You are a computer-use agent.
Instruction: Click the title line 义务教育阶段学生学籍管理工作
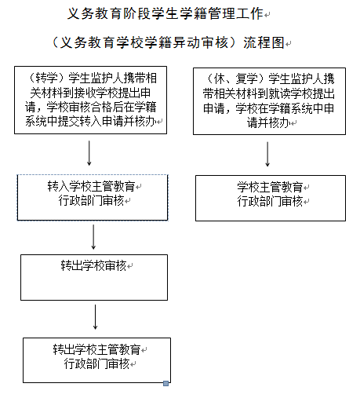tap(165, 13)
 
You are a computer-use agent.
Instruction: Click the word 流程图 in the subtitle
tap(264, 42)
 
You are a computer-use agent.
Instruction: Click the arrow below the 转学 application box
tap(89, 153)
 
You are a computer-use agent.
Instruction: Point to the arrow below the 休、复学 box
tap(267, 154)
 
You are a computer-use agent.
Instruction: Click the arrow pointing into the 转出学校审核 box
tap(93, 237)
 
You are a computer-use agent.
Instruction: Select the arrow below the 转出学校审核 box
tap(95, 317)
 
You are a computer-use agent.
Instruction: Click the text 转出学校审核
tap(93, 265)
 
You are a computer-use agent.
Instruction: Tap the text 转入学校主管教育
tap(91, 186)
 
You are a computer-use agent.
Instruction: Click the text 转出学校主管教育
tap(96, 349)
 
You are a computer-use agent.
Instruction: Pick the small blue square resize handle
tap(165, 383)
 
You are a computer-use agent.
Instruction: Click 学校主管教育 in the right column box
tap(270, 187)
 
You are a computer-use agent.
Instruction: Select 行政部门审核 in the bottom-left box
tap(96, 363)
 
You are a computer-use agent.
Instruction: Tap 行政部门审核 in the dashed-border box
tap(91, 201)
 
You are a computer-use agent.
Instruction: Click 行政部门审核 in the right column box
tap(270, 201)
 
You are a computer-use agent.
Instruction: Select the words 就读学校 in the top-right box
tap(290, 93)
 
